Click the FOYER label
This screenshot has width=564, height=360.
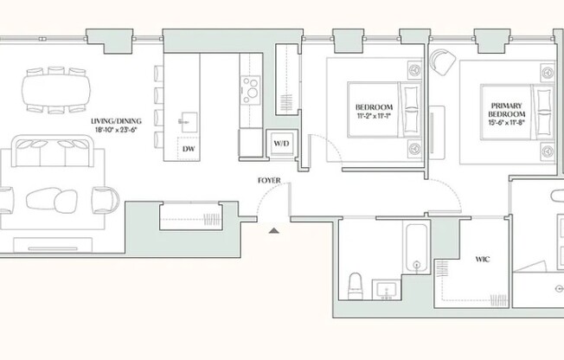coord(269,180)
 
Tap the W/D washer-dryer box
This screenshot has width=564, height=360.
coord(282,144)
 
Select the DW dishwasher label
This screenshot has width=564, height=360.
coord(189,149)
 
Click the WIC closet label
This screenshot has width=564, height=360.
coord(483,260)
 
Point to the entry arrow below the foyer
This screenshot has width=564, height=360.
coord(274,230)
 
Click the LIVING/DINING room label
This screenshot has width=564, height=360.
coord(116,121)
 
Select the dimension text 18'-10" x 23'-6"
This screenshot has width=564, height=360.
coord(116,130)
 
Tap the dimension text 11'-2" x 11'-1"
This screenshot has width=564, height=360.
coord(374,116)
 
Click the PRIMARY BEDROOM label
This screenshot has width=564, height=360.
coord(506,110)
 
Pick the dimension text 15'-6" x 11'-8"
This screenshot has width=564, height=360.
coord(506,122)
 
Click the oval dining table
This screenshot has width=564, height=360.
coord(56,90)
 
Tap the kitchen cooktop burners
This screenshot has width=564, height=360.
coord(251,90)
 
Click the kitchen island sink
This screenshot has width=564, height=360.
coord(189,122)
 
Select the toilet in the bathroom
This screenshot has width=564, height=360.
coord(356,286)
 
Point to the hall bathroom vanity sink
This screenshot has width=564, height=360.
coord(387,290)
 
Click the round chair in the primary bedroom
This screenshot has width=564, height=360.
coord(443,61)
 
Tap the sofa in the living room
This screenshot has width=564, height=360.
coord(53,151)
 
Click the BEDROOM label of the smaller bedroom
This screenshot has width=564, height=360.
coord(374,107)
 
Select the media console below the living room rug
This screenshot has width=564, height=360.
coord(53,245)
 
